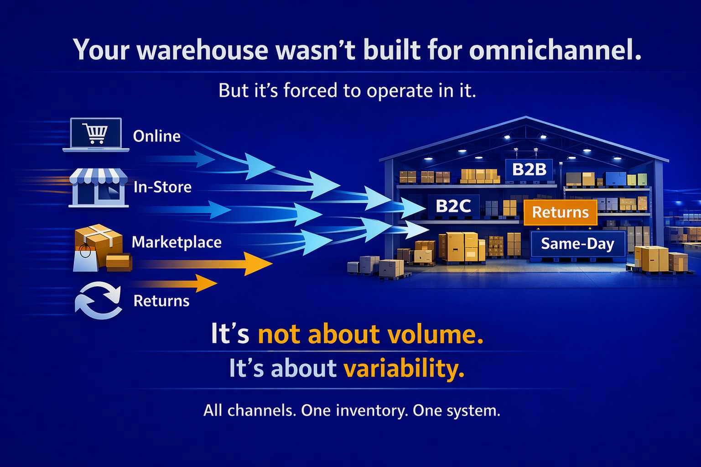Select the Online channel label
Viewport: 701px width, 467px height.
(156, 136)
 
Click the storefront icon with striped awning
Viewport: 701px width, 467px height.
(99, 188)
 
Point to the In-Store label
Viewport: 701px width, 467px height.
(162, 187)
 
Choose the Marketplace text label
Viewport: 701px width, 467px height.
(177, 242)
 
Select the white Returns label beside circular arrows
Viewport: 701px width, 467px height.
(161, 301)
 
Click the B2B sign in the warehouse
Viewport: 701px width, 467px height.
(529, 169)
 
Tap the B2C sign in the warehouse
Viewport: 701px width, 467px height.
(453, 206)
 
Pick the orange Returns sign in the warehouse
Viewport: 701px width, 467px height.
(560, 212)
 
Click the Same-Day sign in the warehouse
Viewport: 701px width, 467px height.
(577, 244)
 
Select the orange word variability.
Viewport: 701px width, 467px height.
(404, 368)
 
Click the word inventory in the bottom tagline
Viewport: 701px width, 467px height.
(372, 410)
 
